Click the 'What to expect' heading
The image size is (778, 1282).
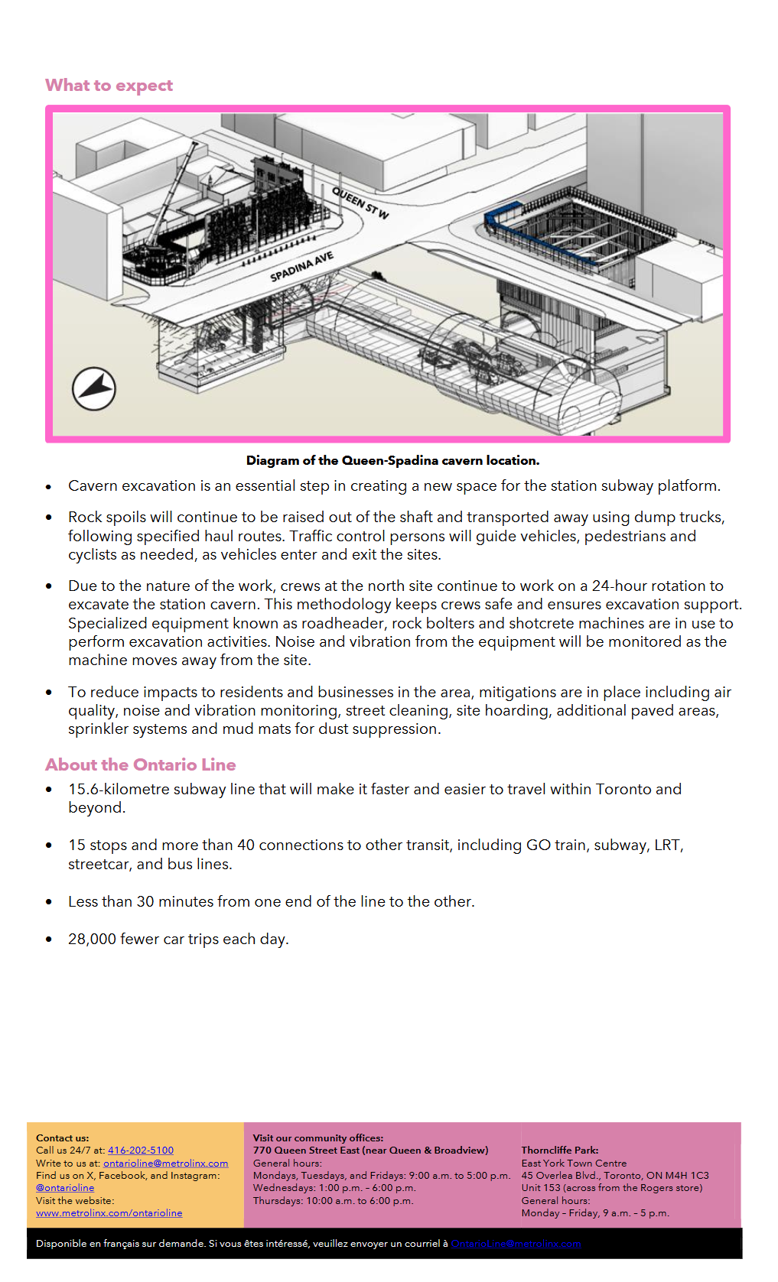click(109, 85)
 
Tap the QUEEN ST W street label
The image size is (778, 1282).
click(360, 203)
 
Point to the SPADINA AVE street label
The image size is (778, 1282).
click(301, 266)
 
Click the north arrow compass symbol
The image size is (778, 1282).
click(93, 388)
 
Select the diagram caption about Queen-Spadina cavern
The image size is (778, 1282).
click(392, 460)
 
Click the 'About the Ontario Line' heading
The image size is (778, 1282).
click(140, 764)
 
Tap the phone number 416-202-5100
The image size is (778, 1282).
click(141, 1150)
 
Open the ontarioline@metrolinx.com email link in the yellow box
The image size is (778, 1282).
click(165, 1163)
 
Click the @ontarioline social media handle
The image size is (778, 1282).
click(65, 1187)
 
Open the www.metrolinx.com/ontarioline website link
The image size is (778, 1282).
click(109, 1212)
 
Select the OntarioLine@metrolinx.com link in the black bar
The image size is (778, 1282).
click(516, 1243)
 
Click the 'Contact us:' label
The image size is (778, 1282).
click(62, 1138)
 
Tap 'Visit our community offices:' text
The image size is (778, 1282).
click(318, 1138)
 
